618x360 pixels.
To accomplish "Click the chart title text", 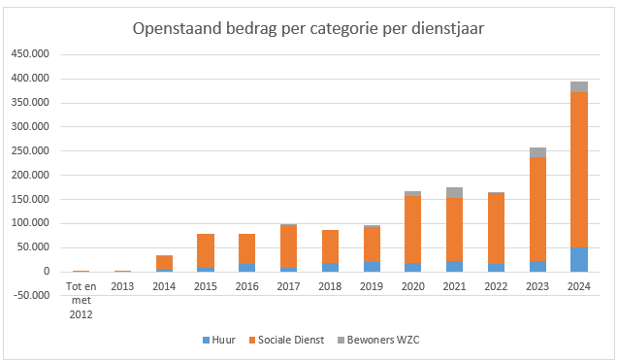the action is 309,29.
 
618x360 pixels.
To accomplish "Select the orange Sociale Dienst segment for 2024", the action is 579,170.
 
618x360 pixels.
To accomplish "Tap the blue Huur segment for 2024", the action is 579,259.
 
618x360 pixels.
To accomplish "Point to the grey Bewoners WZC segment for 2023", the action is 537,152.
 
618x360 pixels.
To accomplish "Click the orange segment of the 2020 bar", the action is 413,229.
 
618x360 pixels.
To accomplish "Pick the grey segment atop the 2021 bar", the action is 454,193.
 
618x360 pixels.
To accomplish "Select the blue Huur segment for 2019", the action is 372,267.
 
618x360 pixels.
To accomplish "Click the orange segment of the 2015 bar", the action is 206,251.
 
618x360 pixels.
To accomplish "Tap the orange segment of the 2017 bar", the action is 288,246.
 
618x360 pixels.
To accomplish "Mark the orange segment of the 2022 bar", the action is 496,228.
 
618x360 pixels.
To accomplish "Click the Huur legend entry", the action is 218,340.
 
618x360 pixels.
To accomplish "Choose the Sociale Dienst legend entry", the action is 286,340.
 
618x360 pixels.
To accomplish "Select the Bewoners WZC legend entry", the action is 378,340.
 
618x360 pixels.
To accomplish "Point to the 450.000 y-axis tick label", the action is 30,53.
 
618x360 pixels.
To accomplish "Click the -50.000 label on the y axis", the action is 31,295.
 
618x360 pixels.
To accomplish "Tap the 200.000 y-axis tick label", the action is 30,175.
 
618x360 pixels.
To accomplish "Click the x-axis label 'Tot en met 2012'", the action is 81,301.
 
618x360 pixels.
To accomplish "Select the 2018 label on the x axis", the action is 330,286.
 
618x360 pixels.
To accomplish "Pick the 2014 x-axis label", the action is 164,286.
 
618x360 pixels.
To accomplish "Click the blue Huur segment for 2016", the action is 247,268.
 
